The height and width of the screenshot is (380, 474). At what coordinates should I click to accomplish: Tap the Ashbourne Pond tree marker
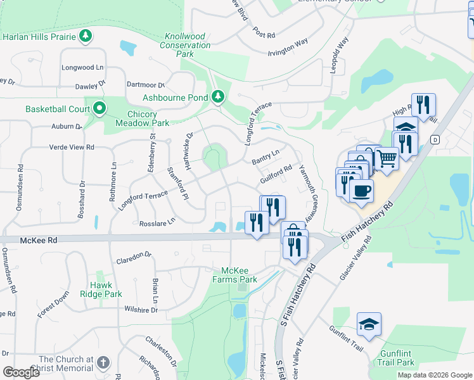(219, 97)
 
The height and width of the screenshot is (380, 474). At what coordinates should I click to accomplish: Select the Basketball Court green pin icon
(99, 109)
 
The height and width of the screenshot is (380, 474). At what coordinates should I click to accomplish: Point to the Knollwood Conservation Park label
(185, 46)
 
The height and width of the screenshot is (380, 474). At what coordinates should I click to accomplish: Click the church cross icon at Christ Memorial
(103, 363)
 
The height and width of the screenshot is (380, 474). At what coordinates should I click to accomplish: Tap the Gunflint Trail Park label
(397, 358)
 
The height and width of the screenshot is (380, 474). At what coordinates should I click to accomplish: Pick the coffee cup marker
(361, 191)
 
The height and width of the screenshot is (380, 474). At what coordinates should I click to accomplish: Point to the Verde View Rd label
(72, 147)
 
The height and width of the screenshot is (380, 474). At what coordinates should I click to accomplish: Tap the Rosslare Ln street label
(157, 222)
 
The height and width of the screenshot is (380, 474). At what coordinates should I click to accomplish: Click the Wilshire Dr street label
(141, 310)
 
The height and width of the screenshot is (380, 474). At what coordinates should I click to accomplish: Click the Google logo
(22, 372)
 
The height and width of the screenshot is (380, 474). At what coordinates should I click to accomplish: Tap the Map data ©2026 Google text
(435, 375)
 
